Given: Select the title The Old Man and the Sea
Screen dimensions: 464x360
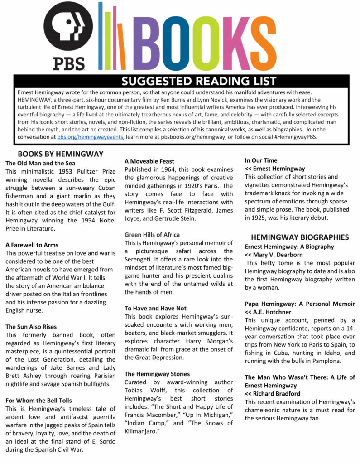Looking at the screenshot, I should tap(40, 163).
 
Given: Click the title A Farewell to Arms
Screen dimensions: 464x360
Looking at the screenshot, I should tap(32, 245).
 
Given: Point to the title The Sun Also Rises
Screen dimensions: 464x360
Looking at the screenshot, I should tap(31, 327).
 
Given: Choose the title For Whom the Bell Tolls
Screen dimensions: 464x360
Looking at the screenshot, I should tap(38, 401).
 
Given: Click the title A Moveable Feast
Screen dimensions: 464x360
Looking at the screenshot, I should tap(149, 161).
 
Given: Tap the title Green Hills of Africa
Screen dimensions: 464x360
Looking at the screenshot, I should tap(152, 235).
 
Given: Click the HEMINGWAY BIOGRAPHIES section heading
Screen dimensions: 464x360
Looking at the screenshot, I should tap(300, 237).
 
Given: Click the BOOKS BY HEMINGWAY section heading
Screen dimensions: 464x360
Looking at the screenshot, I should tap(61, 154).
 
